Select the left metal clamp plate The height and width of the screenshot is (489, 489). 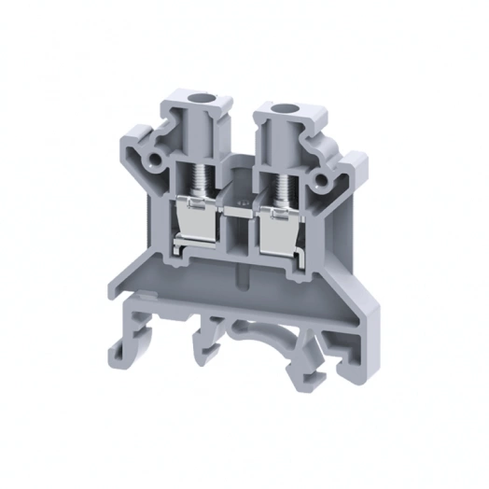(194, 224)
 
